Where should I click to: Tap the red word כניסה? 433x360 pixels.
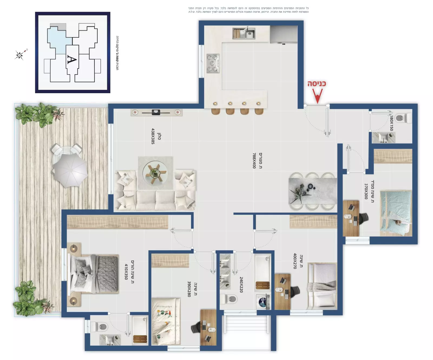[316, 84]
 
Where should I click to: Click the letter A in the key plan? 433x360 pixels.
[72, 59]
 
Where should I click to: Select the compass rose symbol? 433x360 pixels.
[20, 55]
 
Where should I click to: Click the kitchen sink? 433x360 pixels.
[244, 33]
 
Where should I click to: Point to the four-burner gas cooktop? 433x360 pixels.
[213, 63]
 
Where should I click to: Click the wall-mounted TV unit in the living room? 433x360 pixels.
[156, 112]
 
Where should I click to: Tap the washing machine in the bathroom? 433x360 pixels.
[263, 302]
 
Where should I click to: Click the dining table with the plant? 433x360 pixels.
[313, 191]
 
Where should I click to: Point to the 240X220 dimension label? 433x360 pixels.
[241, 285]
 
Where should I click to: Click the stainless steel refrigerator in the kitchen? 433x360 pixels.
[284, 34]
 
